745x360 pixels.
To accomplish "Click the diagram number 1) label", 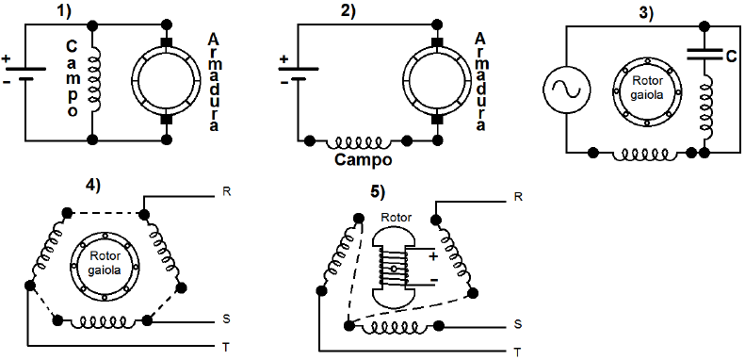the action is pos(62,11).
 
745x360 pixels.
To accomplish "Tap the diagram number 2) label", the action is pos(348,11).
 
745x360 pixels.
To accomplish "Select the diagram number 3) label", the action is pos(645,12).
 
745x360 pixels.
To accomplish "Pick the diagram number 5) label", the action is pos(378,191).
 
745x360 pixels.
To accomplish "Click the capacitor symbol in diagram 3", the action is pos(705,56).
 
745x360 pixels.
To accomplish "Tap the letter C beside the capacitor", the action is pos(730,57).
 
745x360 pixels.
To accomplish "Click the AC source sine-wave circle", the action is pos(566,89).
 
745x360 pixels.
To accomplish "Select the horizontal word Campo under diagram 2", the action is pos(364,160).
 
